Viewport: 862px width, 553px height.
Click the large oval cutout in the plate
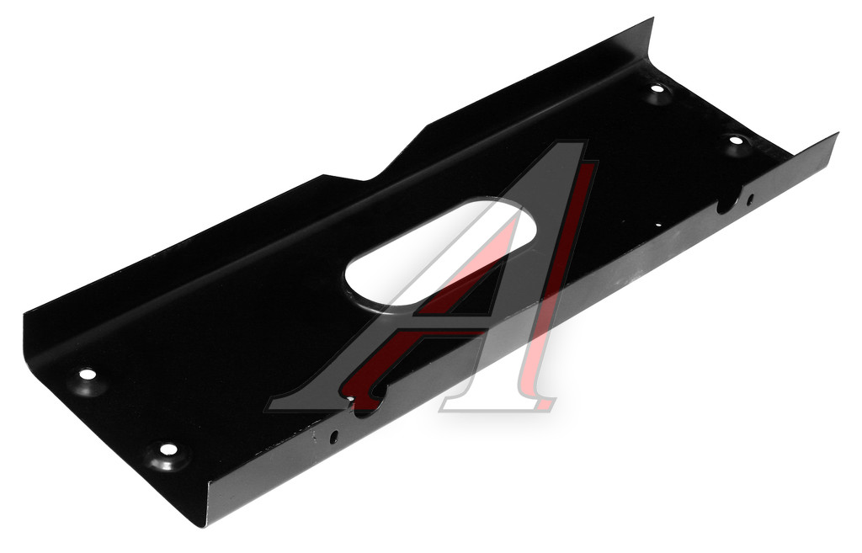pyautogui.click(x=439, y=257)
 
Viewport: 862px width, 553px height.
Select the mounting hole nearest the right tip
pyautogui.click(x=736, y=140)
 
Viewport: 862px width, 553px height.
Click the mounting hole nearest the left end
pyautogui.click(x=88, y=375)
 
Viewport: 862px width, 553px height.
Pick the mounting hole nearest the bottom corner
pyautogui.click(x=168, y=449)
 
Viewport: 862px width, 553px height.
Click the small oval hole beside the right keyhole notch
pyautogui.click(x=750, y=199)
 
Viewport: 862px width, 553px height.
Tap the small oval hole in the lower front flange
pyautogui.click(x=333, y=437)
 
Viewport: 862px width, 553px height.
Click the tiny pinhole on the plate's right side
pyautogui.click(x=658, y=225)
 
